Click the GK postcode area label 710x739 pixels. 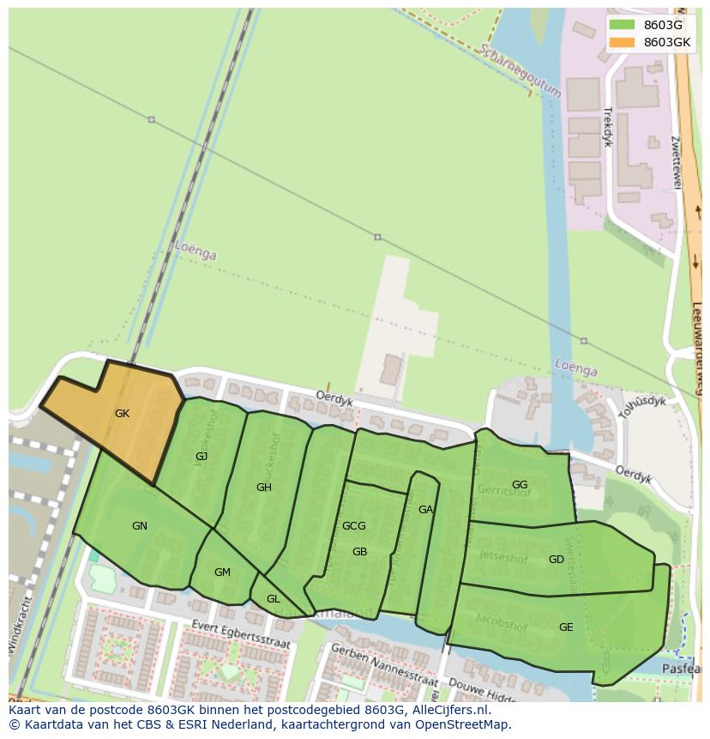pos(122,414)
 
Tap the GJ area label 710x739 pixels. pos(202,457)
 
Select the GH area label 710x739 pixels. pos(263,488)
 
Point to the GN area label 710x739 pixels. pos(140,526)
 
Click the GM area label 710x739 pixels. pos(222,572)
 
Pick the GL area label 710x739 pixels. pos(273,599)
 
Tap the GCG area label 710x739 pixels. pos(353,526)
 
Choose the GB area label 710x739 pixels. pos(359,552)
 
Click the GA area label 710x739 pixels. pos(425,510)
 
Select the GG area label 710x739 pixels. pos(520,485)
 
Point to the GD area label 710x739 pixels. pos(557,560)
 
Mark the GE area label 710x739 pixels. pos(566,627)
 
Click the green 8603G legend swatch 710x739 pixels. pos(622,25)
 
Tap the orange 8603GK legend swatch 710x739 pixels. pos(622,42)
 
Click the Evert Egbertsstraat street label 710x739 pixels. pos(241,634)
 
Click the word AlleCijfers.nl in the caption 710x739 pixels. pos(448,710)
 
